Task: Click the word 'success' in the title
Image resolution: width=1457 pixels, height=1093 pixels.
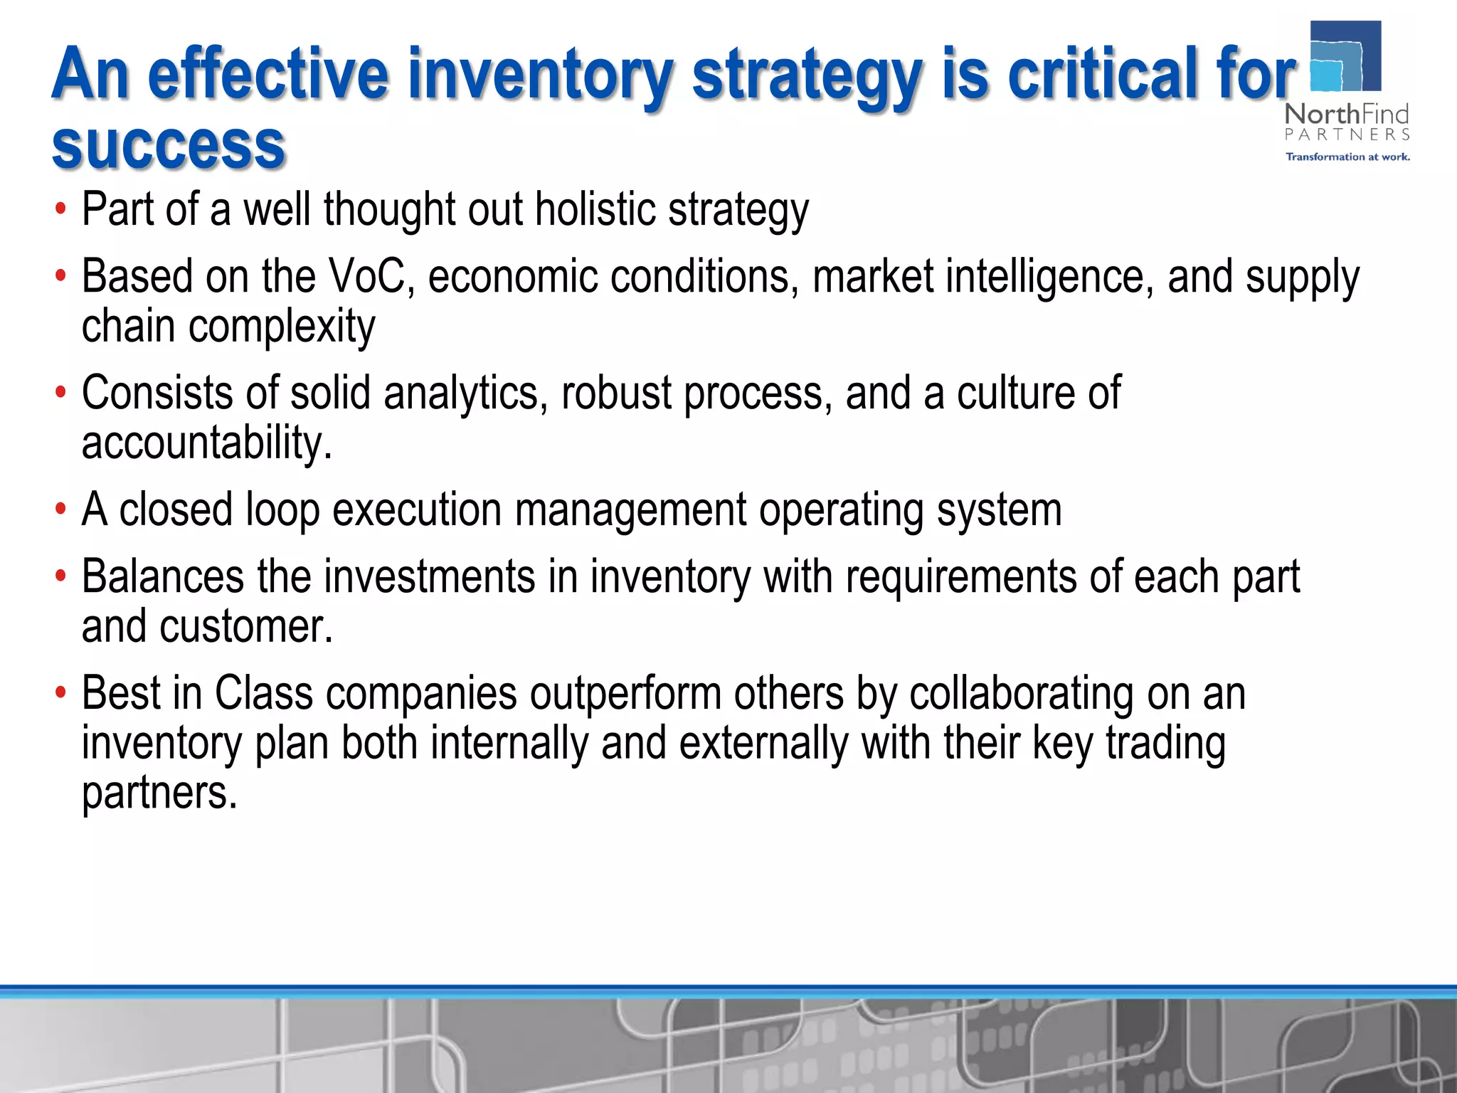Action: (x=169, y=147)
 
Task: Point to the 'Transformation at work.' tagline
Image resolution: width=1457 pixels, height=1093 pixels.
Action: (x=1347, y=157)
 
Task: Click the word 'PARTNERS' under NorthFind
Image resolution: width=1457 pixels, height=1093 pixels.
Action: (x=1347, y=134)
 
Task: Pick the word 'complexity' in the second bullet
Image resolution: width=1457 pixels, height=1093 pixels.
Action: (x=281, y=327)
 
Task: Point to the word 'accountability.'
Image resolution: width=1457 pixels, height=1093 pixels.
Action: (x=206, y=443)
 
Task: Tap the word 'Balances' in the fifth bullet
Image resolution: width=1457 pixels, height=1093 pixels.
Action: (x=163, y=576)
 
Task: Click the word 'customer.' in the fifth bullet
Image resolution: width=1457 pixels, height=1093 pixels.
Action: (x=246, y=627)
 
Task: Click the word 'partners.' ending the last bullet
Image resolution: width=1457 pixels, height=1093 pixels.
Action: (x=159, y=793)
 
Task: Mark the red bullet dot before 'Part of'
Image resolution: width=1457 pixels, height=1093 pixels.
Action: (x=61, y=210)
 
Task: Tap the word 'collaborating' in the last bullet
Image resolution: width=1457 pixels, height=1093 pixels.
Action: (x=1022, y=694)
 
